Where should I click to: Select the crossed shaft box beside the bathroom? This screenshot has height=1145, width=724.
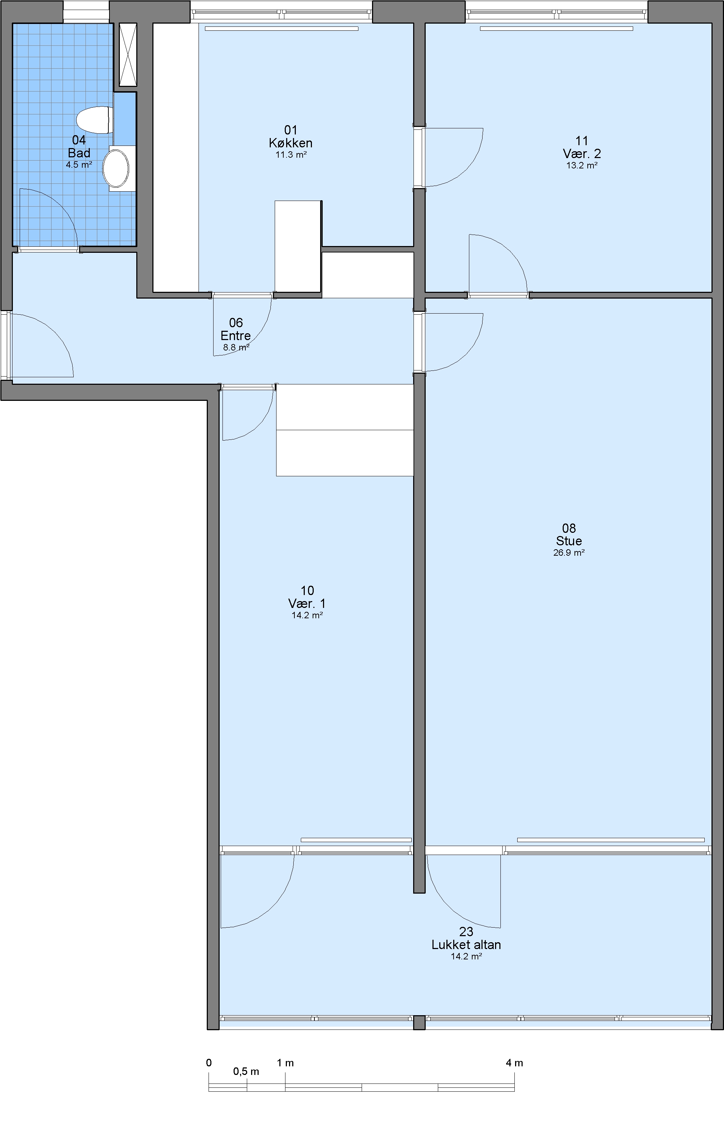point(127,54)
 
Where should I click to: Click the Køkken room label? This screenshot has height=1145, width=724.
point(291,143)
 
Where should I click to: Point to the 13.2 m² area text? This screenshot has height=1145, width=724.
point(582,166)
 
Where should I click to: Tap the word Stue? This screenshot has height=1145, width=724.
point(569,541)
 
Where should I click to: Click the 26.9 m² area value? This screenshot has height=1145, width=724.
point(569,552)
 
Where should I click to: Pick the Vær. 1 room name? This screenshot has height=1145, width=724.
point(307,603)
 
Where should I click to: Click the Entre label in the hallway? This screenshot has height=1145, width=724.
point(235,336)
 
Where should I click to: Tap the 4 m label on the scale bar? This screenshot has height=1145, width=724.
point(514,1063)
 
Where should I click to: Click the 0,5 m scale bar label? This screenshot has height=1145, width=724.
point(246,1071)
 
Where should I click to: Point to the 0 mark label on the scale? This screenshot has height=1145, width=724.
point(209,1063)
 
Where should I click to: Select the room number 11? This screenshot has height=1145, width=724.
point(582,141)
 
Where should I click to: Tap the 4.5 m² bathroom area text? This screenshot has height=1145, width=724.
point(79,165)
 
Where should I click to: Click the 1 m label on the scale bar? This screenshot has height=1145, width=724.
point(285,1063)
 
